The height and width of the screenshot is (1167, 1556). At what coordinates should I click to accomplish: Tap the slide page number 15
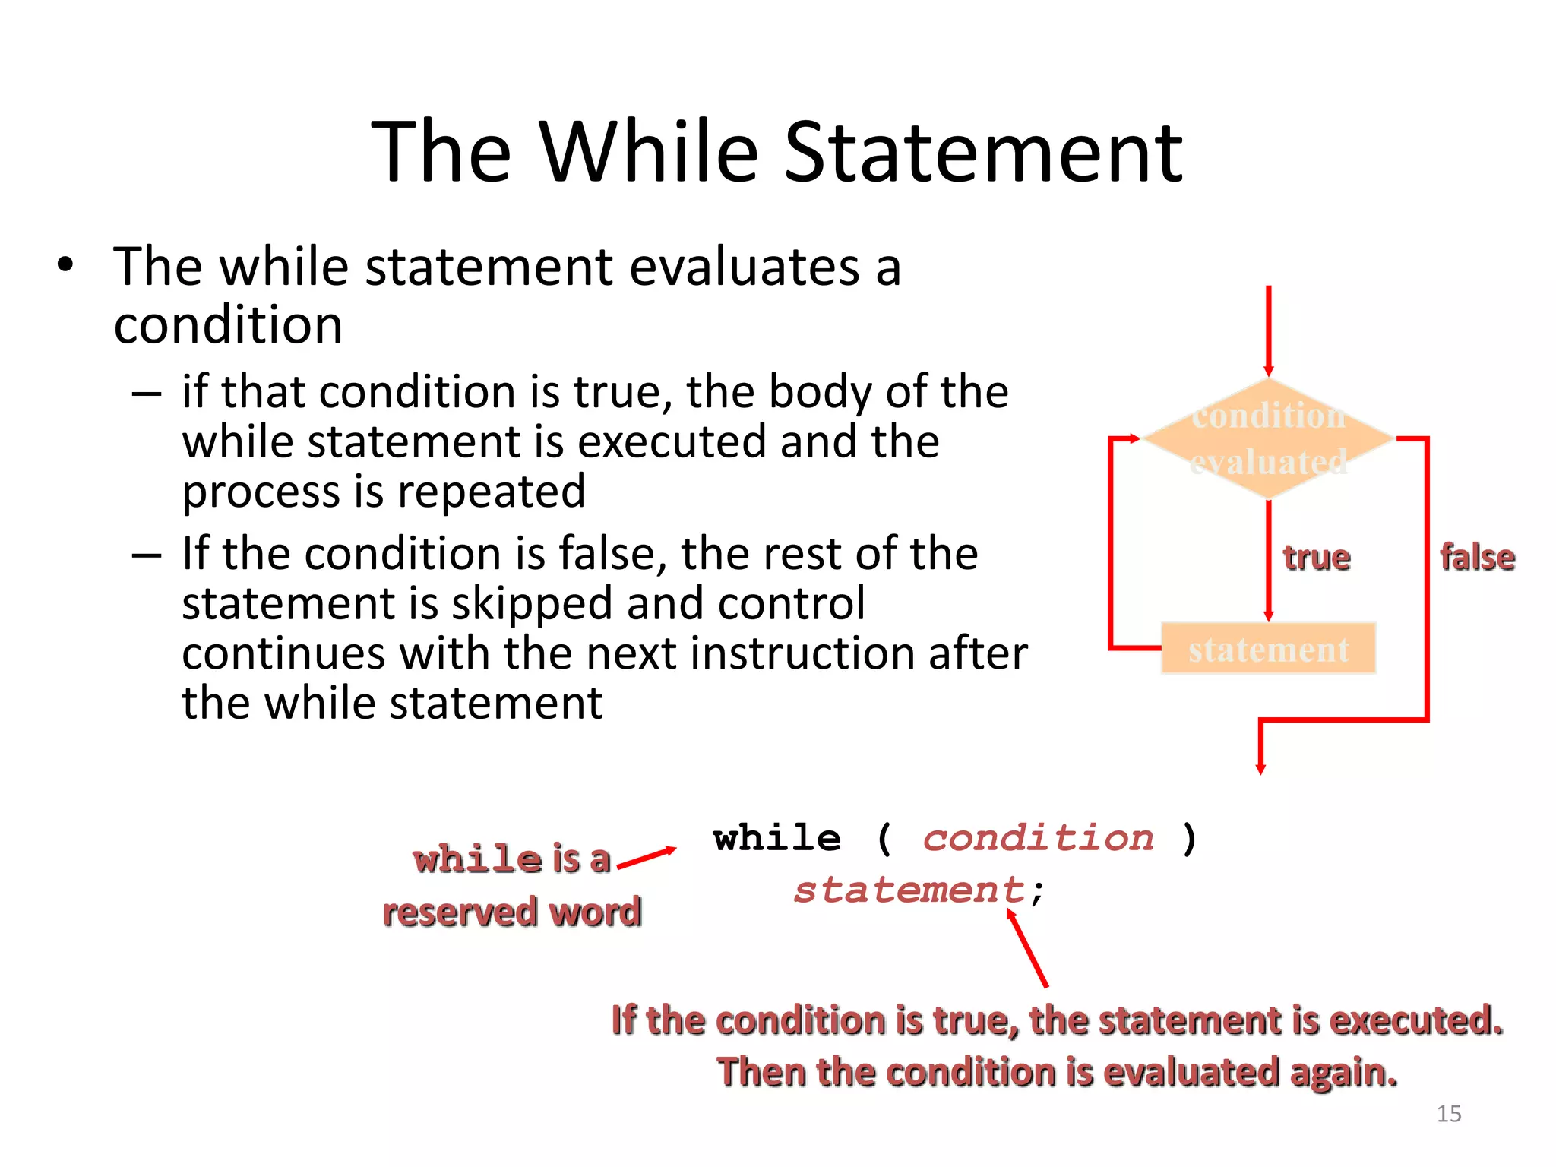(1449, 1114)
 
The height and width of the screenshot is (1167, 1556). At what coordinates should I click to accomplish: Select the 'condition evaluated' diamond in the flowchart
(1268, 438)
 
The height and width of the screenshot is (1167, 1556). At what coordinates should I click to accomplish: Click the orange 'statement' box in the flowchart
(1268, 649)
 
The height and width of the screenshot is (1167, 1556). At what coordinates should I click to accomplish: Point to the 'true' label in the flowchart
(1317, 558)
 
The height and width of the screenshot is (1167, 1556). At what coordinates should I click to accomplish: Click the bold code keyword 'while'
(777, 839)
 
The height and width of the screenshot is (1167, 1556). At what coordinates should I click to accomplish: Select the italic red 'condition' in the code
(1038, 839)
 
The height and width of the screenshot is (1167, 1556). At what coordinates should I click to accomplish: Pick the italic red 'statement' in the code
(909, 890)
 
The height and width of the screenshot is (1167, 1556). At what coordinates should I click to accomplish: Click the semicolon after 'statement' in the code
(1038, 892)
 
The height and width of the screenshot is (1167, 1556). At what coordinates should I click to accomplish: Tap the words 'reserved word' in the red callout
(511, 912)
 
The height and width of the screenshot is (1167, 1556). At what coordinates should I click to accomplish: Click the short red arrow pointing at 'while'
(646, 858)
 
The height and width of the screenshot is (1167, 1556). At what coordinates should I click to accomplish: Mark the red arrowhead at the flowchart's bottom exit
(1260, 768)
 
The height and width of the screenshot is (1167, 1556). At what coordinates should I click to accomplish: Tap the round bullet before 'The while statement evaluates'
(66, 265)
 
